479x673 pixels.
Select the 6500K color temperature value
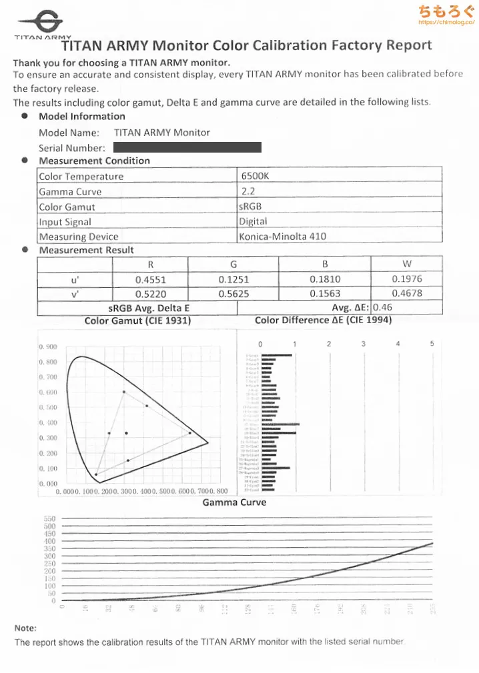point(254,177)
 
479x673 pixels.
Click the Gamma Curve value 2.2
point(248,192)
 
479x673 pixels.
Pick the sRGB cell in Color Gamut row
point(251,207)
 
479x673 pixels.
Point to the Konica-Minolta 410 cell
point(282,237)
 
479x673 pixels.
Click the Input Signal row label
point(65,222)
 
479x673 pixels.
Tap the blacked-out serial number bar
point(187,147)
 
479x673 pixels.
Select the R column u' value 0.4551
point(150,279)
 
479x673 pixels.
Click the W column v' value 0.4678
point(407,294)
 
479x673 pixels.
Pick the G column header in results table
point(233,265)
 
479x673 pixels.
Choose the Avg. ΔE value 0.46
point(382,308)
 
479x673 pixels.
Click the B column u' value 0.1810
point(325,279)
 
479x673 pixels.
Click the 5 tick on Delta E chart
point(432,344)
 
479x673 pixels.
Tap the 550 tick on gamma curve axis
point(50,518)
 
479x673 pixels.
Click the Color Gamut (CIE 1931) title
point(137,321)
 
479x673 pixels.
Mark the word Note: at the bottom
point(25,628)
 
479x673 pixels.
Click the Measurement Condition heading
point(94,161)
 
